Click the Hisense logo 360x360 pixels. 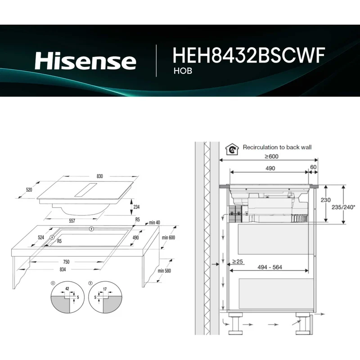click(x=85, y=61)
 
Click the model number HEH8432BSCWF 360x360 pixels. click(x=249, y=55)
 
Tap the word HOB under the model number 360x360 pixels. click(x=183, y=71)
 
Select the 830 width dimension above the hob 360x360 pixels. click(x=99, y=176)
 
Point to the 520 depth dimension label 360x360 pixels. click(x=29, y=189)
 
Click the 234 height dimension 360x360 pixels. click(x=136, y=207)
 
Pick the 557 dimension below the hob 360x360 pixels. click(x=72, y=221)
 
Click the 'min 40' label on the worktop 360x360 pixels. click(x=154, y=222)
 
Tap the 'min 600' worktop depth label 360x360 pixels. click(x=168, y=238)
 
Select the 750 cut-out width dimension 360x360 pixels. click(x=66, y=262)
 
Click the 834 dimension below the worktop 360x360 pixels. click(x=63, y=269)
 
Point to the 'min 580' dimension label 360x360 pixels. click(x=164, y=271)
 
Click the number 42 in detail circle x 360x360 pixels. click(x=67, y=288)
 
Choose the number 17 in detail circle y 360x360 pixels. click(x=105, y=289)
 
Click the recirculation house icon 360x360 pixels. click(x=232, y=149)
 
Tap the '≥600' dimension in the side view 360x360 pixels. click(x=271, y=156)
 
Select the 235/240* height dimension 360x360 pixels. click(x=343, y=207)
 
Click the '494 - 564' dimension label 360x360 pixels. click(x=270, y=267)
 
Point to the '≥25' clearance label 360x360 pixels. click(x=238, y=261)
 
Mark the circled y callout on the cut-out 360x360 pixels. click(x=92, y=229)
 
